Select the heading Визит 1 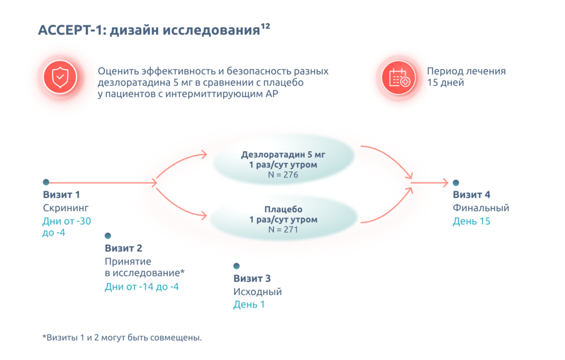click(x=62, y=195)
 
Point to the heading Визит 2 click(x=123, y=248)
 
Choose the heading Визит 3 click(x=252, y=279)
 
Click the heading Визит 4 click(x=471, y=195)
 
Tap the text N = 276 click(x=282, y=175)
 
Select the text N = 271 click(x=282, y=230)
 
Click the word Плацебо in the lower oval click(x=282, y=209)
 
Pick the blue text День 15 click(x=471, y=222)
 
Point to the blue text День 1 click(x=249, y=305)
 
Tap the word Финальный click(x=481, y=208)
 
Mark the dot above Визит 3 click(x=236, y=266)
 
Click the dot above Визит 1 click(x=46, y=182)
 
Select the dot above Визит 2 click(x=107, y=236)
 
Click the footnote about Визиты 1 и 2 click(x=121, y=338)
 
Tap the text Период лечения click(x=466, y=72)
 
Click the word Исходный click(x=257, y=292)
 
